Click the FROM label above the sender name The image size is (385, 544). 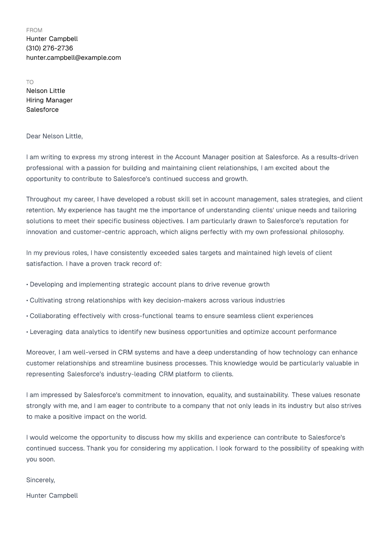[34, 30]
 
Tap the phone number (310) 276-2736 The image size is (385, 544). [50, 48]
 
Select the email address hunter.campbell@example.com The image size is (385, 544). [73, 58]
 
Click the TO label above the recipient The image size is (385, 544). [30, 82]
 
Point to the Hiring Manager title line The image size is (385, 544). [49, 100]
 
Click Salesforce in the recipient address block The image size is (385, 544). [42, 110]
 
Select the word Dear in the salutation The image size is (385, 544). [33, 136]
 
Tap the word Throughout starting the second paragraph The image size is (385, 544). [43, 199]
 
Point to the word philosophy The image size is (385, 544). [326, 232]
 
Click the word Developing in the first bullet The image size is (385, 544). [47, 284]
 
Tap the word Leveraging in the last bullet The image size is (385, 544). [46, 332]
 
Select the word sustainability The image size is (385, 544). [268, 395]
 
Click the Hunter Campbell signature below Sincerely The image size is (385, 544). [52, 496]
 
